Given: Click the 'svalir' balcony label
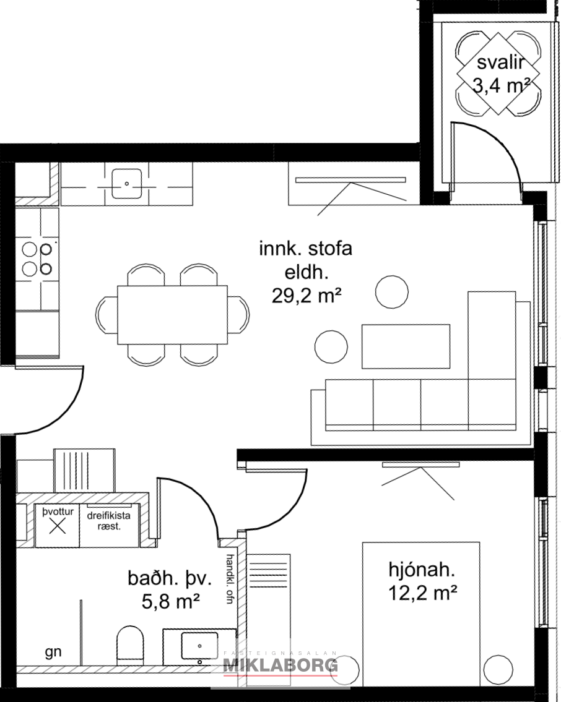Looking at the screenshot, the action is [x=500, y=62].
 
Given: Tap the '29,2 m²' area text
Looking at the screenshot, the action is [x=307, y=296].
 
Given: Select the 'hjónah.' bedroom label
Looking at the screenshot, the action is [x=422, y=570].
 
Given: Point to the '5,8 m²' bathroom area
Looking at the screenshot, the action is [x=170, y=601].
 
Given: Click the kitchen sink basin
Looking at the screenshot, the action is [x=127, y=183].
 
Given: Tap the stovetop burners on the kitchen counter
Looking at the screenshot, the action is [x=37, y=259].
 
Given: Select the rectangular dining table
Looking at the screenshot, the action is [x=173, y=315].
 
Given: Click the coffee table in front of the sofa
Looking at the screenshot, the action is [x=406, y=346].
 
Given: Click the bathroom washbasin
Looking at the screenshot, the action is [x=199, y=646].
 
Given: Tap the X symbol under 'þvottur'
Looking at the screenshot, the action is [x=58, y=526].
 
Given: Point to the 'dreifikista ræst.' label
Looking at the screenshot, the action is [x=109, y=521].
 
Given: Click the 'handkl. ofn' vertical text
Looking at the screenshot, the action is [x=230, y=579].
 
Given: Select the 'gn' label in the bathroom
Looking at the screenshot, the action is [x=53, y=653].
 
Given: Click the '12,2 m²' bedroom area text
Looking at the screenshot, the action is [x=422, y=593].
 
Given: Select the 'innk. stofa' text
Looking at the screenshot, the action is [x=306, y=248].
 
